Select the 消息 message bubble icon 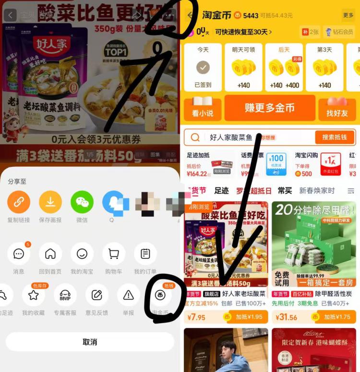[19, 254]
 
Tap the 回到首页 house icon [50, 254]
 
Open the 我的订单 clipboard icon [145, 254]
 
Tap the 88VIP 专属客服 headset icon [65, 295]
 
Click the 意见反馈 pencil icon [97, 295]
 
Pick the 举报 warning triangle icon [128, 295]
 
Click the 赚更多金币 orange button [269, 108]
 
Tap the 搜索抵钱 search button [335, 138]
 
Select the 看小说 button [203, 108]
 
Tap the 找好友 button [337, 108]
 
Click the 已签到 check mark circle [203, 68]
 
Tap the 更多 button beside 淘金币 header [348, 15]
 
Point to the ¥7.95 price [197, 317]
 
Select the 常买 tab [285, 191]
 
